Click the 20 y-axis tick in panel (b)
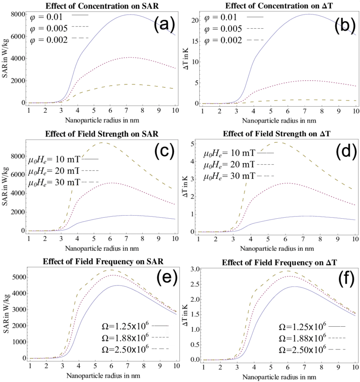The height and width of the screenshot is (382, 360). (194, 20)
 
